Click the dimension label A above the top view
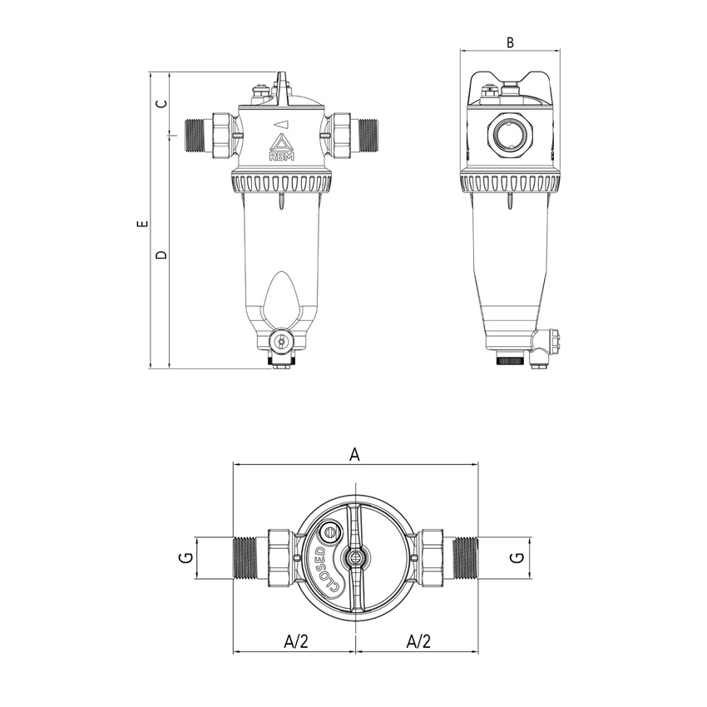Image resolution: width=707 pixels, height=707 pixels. (x=354, y=454)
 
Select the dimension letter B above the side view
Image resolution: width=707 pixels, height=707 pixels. (x=511, y=42)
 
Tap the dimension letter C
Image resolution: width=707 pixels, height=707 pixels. (x=162, y=104)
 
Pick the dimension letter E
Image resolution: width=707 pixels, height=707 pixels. (x=142, y=225)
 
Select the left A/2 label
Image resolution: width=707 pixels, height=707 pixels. (x=295, y=641)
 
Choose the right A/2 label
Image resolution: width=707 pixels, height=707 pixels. (x=418, y=641)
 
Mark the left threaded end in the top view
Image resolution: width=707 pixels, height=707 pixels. (x=249, y=558)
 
